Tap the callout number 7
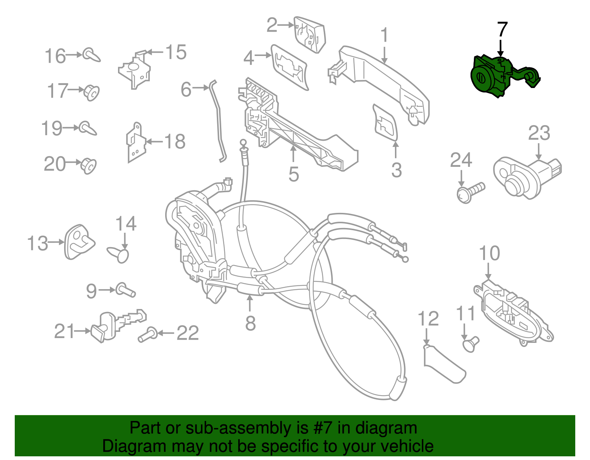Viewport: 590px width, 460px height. click(502, 29)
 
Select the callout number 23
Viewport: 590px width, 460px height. click(539, 133)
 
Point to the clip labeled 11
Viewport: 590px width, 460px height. click(470, 344)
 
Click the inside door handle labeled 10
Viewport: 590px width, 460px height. click(513, 313)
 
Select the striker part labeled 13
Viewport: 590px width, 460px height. click(79, 242)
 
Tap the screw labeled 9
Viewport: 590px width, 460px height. click(126, 290)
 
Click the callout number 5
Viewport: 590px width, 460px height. click(294, 174)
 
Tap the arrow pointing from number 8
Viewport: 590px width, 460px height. click(250, 304)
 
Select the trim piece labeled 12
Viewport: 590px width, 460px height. click(442, 365)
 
